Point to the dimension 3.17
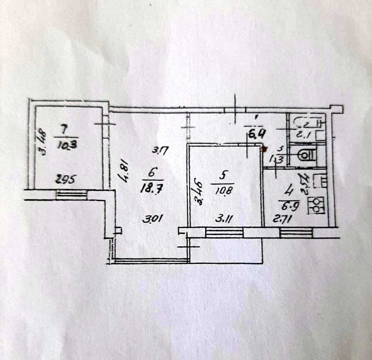[x=159, y=151]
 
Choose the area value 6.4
[x=253, y=134]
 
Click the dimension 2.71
[x=282, y=219]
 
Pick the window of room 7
[x=71, y=194]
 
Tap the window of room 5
[x=224, y=232]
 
